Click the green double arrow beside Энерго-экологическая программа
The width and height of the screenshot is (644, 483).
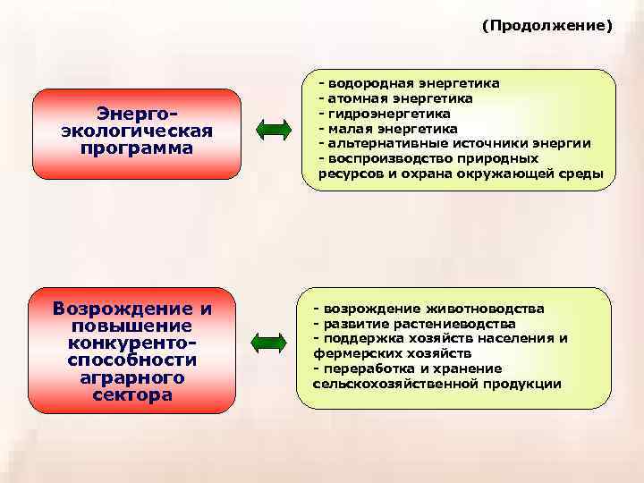point(274,131)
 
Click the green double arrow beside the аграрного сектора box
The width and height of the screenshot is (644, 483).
point(267,343)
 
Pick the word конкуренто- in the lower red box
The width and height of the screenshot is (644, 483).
point(132,343)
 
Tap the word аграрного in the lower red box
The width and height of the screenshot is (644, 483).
point(132,377)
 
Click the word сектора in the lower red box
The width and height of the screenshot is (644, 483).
point(132,394)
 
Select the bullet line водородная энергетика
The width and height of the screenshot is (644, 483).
point(409,83)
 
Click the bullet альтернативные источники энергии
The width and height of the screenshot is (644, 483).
point(454,143)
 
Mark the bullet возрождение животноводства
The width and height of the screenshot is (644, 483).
point(428,309)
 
